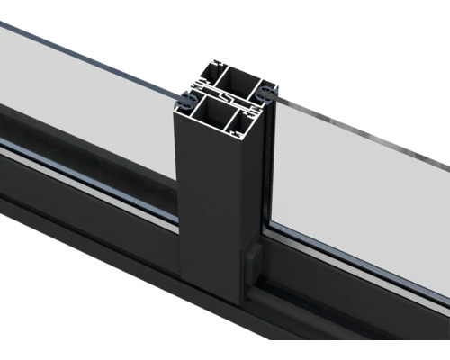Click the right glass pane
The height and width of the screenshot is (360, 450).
(360, 180)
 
